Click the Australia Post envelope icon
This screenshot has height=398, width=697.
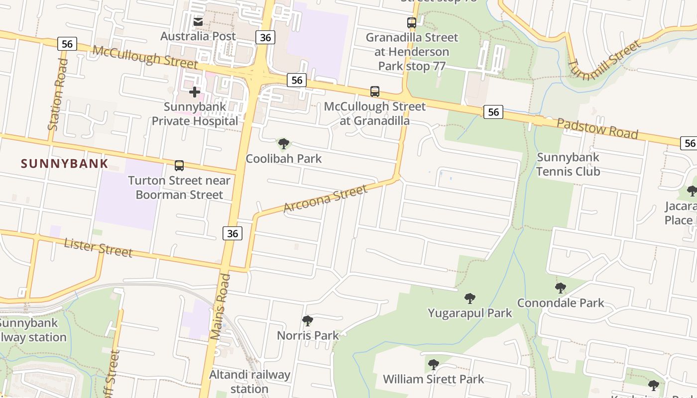point(198,22)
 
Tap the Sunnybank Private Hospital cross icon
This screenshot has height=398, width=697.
point(195,92)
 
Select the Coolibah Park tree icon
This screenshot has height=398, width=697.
point(284,144)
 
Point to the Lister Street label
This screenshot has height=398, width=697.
point(99,247)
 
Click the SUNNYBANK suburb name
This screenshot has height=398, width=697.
point(65,164)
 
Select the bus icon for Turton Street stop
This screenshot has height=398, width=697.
point(179,166)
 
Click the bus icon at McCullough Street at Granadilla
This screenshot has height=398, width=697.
point(375,92)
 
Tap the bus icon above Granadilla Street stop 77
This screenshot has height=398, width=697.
point(412,22)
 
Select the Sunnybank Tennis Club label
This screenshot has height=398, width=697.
point(568,165)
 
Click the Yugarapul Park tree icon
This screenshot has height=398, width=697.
point(469,298)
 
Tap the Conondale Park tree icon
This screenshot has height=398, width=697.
point(561,288)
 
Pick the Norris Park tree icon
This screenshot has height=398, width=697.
point(308,321)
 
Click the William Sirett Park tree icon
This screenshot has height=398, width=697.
point(434,365)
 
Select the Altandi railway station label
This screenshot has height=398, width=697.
point(249,381)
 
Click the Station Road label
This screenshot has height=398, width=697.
point(58,95)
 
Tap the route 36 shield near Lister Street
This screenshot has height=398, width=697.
point(232,233)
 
